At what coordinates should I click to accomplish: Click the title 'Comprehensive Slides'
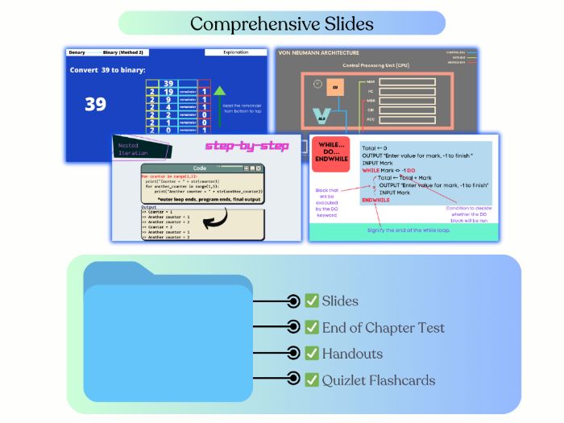(x=281, y=23)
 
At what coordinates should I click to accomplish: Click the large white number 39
(x=95, y=103)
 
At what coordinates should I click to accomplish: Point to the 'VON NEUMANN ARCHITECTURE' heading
(x=318, y=52)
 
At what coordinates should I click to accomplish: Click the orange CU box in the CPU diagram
(x=335, y=86)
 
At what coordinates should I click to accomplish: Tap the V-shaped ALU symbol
(x=321, y=115)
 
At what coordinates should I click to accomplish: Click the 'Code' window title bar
(x=201, y=168)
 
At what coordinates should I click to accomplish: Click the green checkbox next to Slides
(x=312, y=301)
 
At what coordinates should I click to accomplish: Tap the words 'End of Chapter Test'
(x=383, y=327)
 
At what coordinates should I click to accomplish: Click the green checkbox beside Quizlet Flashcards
(x=312, y=379)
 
